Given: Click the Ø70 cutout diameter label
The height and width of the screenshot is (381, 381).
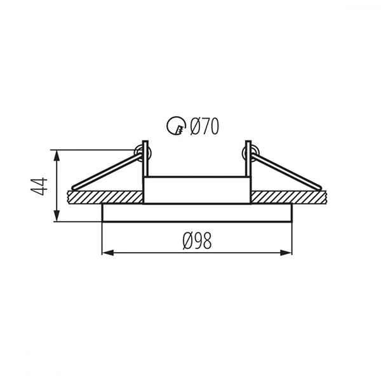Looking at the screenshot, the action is [204, 126].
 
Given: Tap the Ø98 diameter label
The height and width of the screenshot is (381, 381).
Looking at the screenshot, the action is [197, 241].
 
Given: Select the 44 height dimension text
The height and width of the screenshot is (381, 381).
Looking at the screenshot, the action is [39, 186].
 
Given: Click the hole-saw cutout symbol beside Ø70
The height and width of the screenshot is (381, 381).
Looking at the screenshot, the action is [176, 126].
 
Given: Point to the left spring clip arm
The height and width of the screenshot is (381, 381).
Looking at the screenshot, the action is [107, 171].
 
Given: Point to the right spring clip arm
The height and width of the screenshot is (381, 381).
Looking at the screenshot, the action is [287, 171].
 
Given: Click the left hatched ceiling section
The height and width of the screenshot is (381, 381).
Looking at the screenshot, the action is [105, 197].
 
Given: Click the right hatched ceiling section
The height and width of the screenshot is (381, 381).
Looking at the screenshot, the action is [287, 197].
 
